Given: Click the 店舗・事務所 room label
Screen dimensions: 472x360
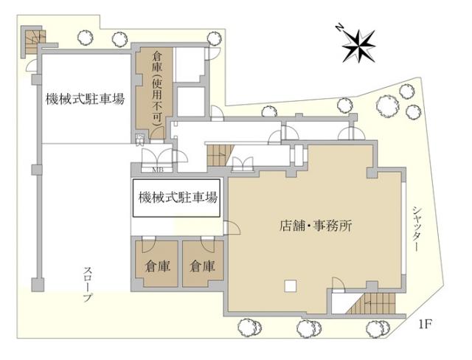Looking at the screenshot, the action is [316, 226].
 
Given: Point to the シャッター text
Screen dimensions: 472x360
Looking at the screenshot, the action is [416, 229].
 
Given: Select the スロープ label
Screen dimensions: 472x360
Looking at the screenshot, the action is [88, 284].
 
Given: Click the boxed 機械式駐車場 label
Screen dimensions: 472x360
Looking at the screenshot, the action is [178, 198].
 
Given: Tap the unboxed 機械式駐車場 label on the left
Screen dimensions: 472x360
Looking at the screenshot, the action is [86, 99].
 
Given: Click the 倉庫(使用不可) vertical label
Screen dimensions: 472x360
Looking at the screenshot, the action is [157, 89].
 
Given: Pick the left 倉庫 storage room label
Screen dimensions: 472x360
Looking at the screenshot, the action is [157, 266].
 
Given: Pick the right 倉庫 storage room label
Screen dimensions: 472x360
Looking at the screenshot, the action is [202, 266].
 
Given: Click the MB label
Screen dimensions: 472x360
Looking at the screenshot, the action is [157, 169].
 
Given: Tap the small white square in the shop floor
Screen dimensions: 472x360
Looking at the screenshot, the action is [291, 285].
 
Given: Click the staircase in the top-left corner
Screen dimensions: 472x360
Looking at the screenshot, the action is [34, 41].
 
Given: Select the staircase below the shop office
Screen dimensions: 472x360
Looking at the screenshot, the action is [374, 303].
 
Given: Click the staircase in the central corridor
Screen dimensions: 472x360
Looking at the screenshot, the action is [220, 155].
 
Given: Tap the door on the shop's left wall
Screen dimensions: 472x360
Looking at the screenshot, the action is [232, 228].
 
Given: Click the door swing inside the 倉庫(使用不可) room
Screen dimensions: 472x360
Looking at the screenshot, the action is [157, 134].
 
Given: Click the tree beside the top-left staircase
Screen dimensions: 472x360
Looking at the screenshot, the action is [86, 37].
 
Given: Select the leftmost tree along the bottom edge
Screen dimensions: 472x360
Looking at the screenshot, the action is [249, 328].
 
